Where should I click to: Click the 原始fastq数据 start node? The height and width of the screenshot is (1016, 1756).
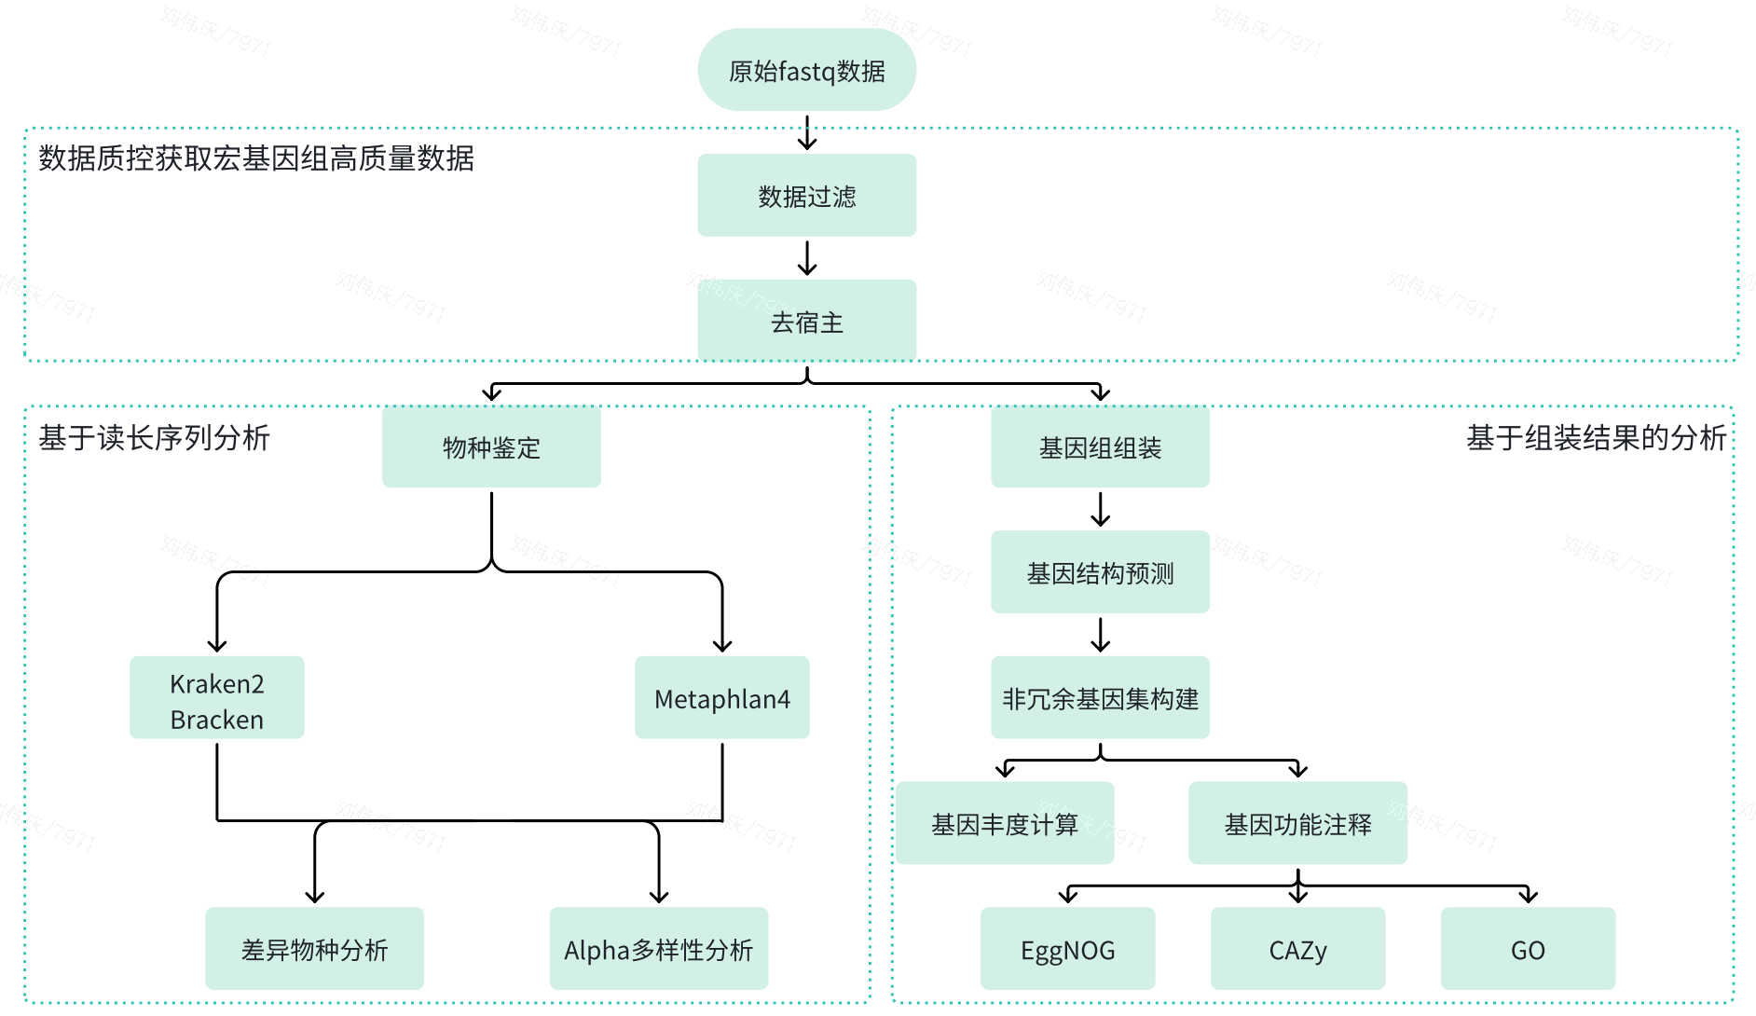[806, 71]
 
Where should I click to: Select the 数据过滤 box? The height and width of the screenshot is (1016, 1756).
[806, 196]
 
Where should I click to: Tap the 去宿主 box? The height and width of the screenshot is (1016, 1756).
[806, 322]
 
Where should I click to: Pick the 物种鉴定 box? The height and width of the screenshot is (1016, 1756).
[491, 447]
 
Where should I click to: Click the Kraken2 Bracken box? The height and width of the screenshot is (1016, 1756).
[216, 698]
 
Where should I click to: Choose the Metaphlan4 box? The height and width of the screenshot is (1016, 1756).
[721, 698]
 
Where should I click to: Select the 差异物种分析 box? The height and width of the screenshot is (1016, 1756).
[314, 949]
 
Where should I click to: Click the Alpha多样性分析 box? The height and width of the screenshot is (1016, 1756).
[658, 949]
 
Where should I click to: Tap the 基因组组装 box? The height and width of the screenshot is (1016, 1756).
[1100, 447]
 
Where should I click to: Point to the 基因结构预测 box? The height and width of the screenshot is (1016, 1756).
[1100, 572]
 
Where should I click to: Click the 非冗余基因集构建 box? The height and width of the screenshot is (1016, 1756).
[1100, 698]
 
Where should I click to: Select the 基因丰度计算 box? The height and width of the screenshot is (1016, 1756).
[1005, 824]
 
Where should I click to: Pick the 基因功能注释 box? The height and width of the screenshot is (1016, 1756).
[1297, 824]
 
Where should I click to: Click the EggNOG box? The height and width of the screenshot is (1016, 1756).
[1067, 949]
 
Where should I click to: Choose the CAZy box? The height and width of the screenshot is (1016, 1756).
[1297, 949]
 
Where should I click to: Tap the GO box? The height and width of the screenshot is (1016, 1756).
[1528, 949]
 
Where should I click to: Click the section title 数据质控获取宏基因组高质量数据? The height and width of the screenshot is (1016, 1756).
[256, 158]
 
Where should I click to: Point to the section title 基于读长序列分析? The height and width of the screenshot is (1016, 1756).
[155, 437]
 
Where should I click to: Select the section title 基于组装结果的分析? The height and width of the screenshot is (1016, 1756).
[1596, 437]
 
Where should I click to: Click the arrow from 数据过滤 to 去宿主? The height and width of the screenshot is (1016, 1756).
[807, 258]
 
